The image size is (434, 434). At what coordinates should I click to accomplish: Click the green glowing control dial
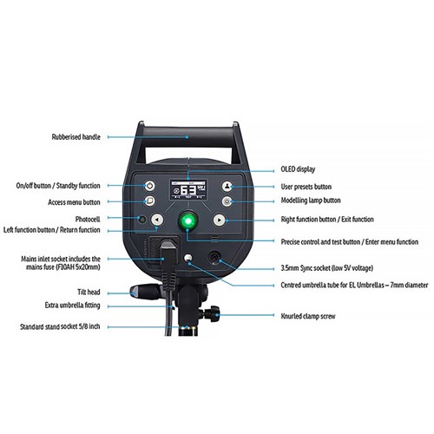[188, 221]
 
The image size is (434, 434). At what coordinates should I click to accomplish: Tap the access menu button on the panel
[149, 201]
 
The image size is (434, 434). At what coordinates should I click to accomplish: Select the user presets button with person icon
[227, 187]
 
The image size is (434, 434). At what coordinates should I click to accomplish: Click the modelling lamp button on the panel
[227, 201]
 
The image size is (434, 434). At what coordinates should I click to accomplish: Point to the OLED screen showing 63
[188, 189]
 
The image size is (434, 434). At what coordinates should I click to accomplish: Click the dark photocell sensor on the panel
[141, 219]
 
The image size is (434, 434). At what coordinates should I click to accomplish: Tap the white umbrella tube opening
[188, 258]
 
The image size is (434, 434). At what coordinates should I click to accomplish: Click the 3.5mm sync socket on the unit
[214, 257]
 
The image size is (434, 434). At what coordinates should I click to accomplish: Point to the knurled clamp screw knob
[213, 314]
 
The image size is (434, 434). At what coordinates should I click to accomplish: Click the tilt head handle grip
[144, 292]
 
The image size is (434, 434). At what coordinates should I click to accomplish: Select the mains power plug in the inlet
[168, 262]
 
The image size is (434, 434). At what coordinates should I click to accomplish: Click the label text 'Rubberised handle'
[76, 137]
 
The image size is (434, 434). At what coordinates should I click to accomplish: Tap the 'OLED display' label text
[298, 169]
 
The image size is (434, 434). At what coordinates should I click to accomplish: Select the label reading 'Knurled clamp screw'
[308, 316]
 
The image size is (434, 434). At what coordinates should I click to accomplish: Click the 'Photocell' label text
[88, 219]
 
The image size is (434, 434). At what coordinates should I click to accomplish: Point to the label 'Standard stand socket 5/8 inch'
[60, 326]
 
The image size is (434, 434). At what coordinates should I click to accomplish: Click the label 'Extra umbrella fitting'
[72, 306]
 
